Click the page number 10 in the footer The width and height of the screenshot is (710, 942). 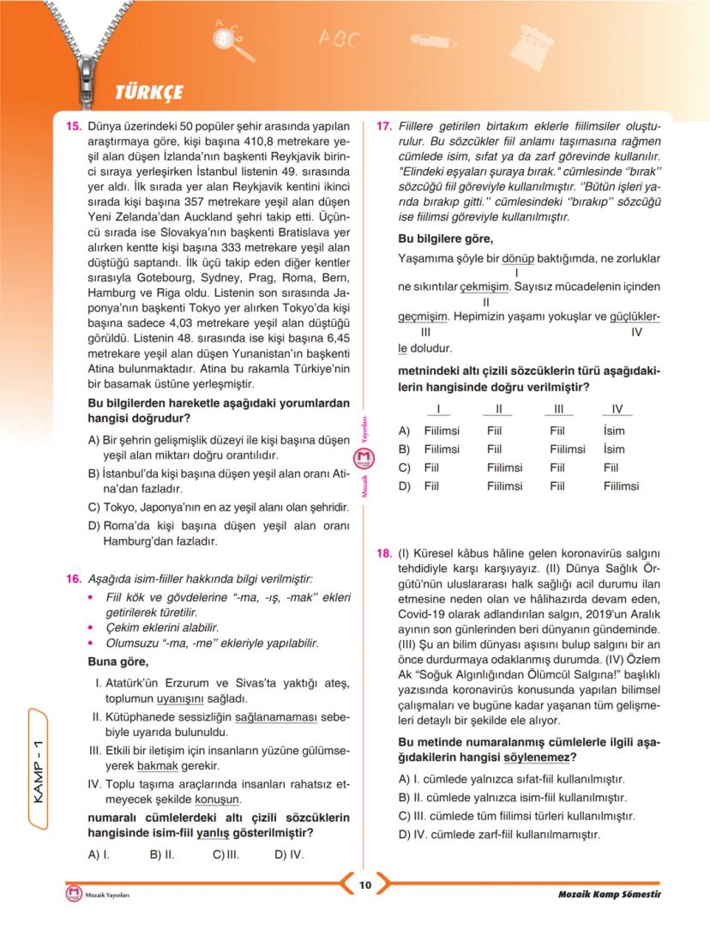coord(364,885)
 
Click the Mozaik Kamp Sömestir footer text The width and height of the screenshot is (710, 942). coord(610,895)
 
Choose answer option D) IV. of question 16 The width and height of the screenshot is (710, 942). coord(289,854)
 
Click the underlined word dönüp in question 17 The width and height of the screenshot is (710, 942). coord(517,257)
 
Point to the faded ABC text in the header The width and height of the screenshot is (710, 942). coord(340,39)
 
